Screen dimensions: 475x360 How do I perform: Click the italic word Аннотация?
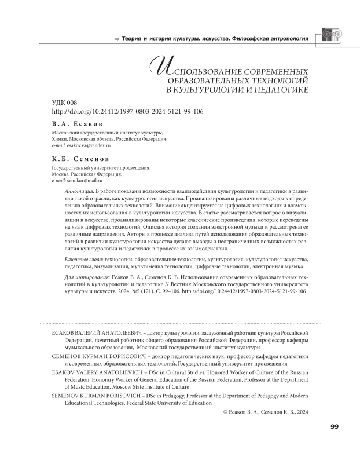click(x=78, y=191)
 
